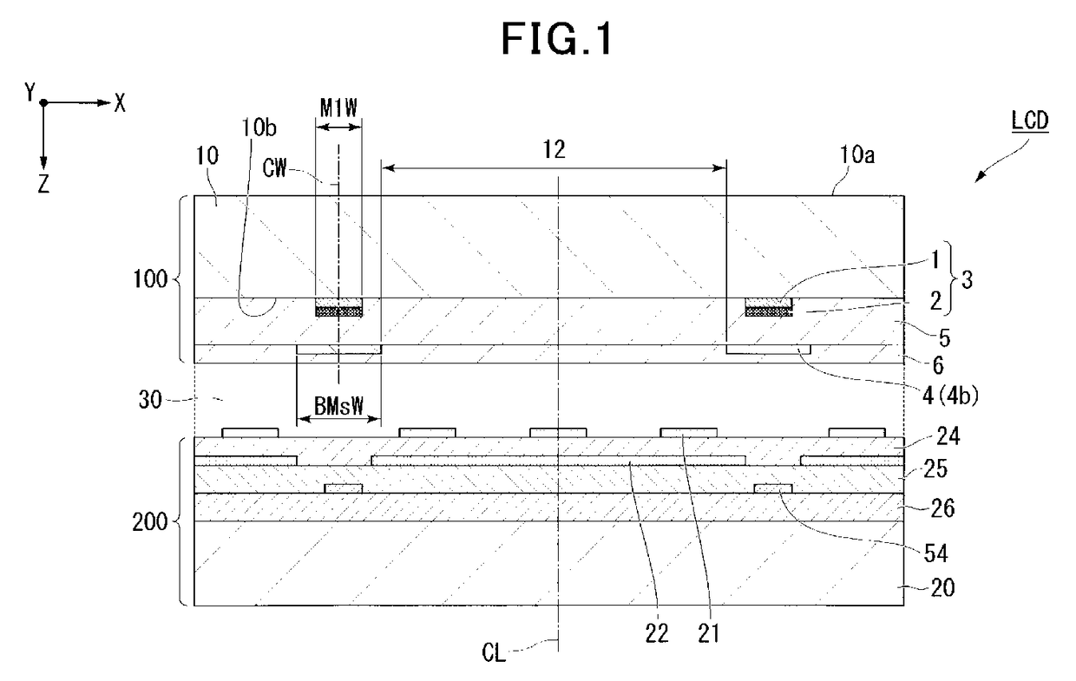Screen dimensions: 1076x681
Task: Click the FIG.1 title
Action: click(556, 39)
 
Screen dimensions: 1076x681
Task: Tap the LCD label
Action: click(1030, 121)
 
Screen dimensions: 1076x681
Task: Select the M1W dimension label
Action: click(338, 108)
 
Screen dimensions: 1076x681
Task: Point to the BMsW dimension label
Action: click(338, 406)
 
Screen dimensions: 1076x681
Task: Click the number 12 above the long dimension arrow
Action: click(554, 150)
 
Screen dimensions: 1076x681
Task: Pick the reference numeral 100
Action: click(150, 279)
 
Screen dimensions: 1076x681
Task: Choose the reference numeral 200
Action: click(150, 521)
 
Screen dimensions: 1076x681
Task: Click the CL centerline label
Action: click(494, 653)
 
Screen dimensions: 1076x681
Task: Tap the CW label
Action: click(274, 168)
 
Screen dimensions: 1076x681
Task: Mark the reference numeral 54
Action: click(935, 554)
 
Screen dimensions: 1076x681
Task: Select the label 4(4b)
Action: click(949, 396)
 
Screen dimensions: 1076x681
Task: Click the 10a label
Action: click(857, 154)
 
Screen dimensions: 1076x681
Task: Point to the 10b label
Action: click(259, 128)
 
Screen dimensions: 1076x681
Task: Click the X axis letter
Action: click(120, 103)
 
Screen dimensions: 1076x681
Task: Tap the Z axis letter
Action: click(43, 183)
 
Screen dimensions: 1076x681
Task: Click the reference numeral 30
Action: click(150, 400)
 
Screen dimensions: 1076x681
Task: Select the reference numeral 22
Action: click(657, 634)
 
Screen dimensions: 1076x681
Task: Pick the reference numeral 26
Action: click(942, 508)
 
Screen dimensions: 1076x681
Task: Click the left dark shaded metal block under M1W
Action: click(338, 307)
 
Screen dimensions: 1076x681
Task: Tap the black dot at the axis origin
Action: click(43, 102)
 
